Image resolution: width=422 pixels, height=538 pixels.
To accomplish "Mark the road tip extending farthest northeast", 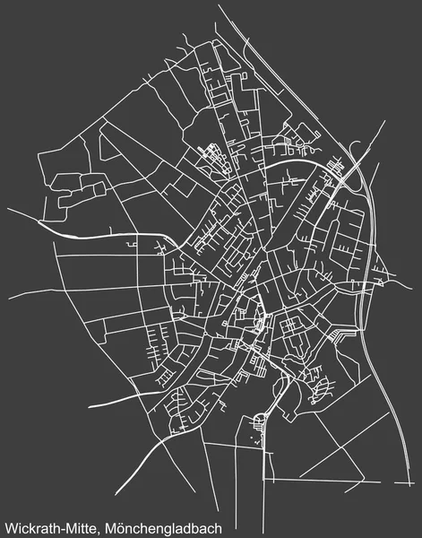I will (383, 122).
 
